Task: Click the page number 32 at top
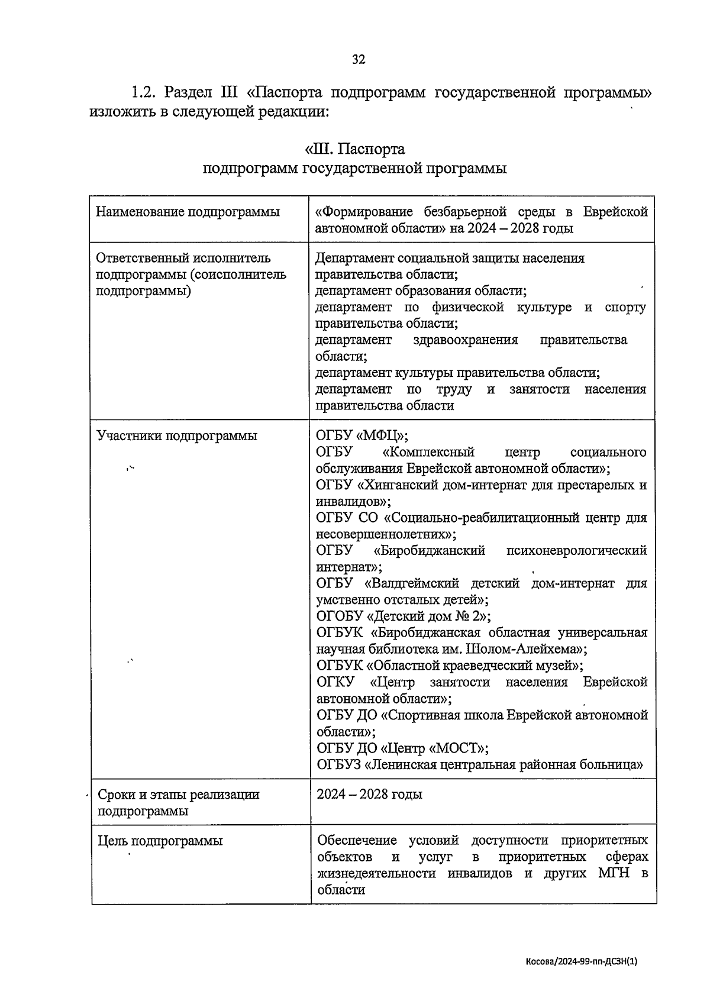359,59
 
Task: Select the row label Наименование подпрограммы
188,212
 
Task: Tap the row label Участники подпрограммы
177,436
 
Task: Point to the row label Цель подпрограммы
160,841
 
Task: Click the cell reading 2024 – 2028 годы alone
369,794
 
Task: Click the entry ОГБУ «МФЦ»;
362,436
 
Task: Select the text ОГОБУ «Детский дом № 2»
404,616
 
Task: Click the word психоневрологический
576,550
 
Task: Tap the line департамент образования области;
421,290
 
